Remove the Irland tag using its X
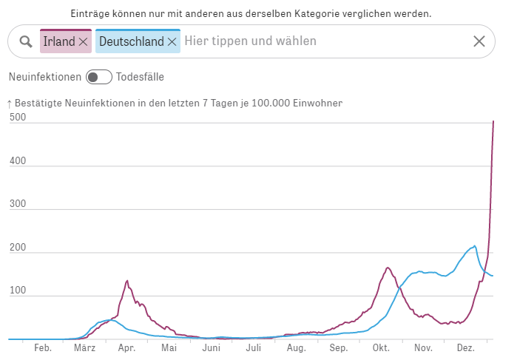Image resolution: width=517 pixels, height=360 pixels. click(x=83, y=42)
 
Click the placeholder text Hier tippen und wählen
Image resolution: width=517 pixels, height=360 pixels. click(x=250, y=41)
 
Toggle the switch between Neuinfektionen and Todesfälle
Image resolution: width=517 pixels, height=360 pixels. click(x=98, y=77)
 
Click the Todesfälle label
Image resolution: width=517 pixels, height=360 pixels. click(x=140, y=77)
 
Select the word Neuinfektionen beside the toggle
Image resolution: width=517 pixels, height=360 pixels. click(x=44, y=77)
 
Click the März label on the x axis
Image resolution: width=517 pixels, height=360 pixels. click(x=84, y=347)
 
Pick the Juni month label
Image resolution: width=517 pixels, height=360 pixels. click(x=212, y=347)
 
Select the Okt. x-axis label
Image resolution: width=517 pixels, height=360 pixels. click(x=381, y=347)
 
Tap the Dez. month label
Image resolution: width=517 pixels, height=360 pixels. click(x=466, y=347)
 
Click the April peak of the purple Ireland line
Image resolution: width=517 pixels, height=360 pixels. click(x=127, y=281)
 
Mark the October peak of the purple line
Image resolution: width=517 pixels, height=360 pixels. click(x=388, y=268)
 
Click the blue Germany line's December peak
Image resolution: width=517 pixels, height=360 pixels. click(x=474, y=246)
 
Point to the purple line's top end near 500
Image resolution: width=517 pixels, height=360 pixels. click(x=493, y=121)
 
